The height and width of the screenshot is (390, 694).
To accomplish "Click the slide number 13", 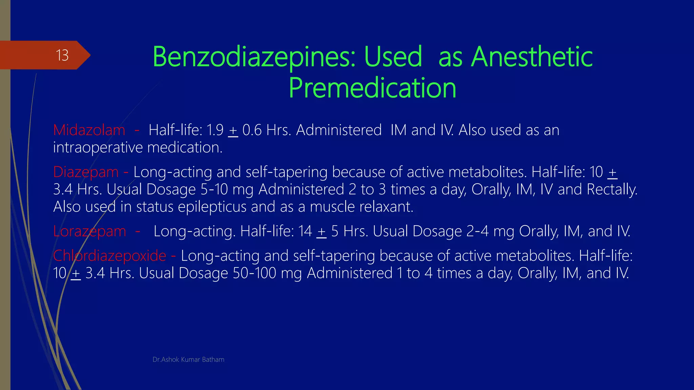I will [62, 55].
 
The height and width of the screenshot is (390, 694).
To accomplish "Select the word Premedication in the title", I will [372, 88].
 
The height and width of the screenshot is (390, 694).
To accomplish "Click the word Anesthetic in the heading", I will [532, 57].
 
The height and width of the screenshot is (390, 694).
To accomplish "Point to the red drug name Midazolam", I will [89, 130].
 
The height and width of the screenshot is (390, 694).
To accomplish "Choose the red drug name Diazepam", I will [86, 172].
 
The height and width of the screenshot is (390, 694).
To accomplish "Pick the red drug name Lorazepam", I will [89, 232].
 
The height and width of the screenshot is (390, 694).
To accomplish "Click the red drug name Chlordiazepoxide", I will [109, 256].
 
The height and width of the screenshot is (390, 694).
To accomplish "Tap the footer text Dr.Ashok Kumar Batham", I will [188, 360].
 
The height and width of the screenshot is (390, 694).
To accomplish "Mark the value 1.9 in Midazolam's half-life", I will [215, 130].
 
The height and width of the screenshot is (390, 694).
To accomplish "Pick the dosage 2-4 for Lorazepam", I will [477, 232].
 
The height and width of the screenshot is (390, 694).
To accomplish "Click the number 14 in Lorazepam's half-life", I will [305, 232].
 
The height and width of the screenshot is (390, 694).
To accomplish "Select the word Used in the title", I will [393, 57].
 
